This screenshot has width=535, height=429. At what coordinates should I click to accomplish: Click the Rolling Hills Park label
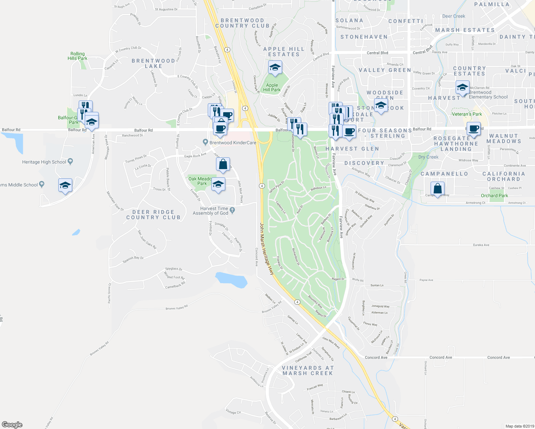coord(77,56)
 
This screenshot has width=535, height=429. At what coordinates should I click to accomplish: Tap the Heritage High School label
coord(44,162)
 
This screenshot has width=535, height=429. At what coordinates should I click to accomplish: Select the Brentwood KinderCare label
coord(233,143)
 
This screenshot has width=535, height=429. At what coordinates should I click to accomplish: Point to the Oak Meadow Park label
coord(201,181)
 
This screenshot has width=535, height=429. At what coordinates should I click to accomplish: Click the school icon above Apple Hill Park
coord(275,67)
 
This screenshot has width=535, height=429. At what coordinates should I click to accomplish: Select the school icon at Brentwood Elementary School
coord(462,87)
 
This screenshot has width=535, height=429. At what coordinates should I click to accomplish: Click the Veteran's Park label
coord(467,114)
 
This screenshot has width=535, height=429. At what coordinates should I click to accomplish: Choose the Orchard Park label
coord(494,196)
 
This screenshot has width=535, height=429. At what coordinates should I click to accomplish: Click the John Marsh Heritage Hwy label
coord(267,249)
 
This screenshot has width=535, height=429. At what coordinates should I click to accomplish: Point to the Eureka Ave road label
coord(481,245)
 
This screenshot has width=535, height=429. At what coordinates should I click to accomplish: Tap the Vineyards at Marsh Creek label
coord(308,370)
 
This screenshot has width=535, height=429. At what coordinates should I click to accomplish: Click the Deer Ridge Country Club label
coord(153,214)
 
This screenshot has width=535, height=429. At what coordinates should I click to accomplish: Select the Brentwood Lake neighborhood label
coord(153,63)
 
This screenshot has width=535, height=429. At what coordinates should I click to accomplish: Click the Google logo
coord(12,424)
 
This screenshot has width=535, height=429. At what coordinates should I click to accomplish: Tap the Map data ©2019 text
coord(519,426)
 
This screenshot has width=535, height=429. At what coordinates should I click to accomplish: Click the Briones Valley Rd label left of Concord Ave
coord(176,308)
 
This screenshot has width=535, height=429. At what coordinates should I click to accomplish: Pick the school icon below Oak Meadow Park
coord(218,184)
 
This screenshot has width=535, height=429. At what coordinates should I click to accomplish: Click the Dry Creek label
coord(428,157)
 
